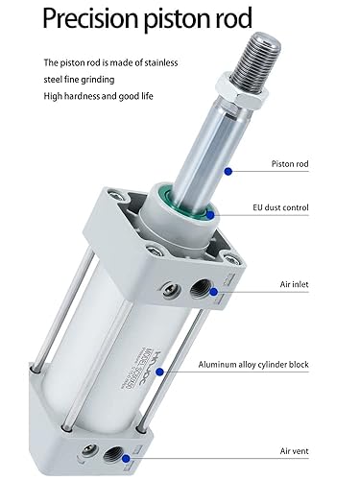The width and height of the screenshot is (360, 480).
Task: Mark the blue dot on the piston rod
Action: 228,170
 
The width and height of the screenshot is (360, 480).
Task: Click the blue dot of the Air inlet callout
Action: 212,289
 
